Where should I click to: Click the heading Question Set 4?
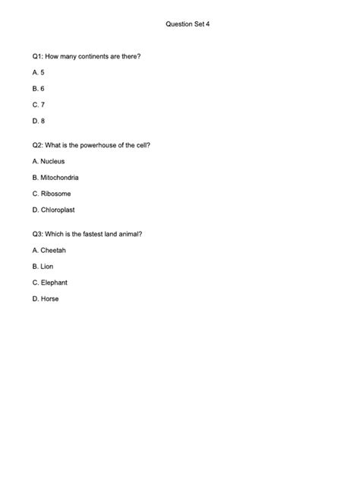(188, 24)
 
